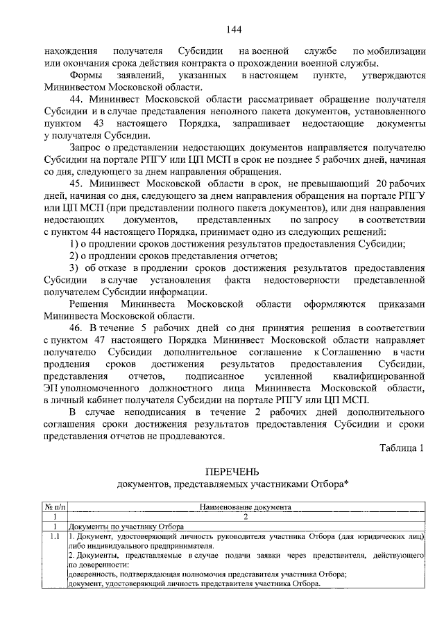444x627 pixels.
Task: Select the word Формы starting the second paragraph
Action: (x=85, y=74)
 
